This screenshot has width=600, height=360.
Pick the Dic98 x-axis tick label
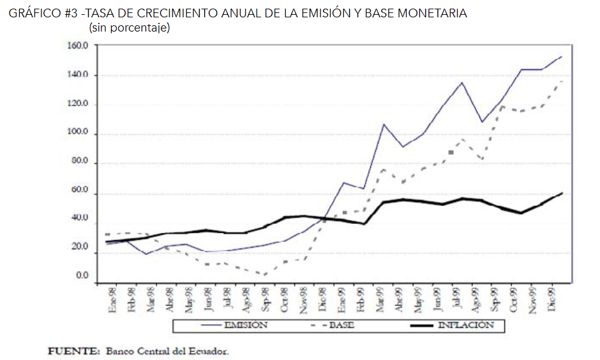click(322, 301)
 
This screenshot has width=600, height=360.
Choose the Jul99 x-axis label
click(456, 300)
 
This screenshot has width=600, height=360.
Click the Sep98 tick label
click(265, 301)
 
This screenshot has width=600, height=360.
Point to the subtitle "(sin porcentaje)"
click(129, 28)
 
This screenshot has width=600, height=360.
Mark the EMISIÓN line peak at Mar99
click(384, 124)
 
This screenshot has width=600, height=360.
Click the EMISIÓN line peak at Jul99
click(461, 82)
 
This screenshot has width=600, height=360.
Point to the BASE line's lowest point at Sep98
click(265, 274)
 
